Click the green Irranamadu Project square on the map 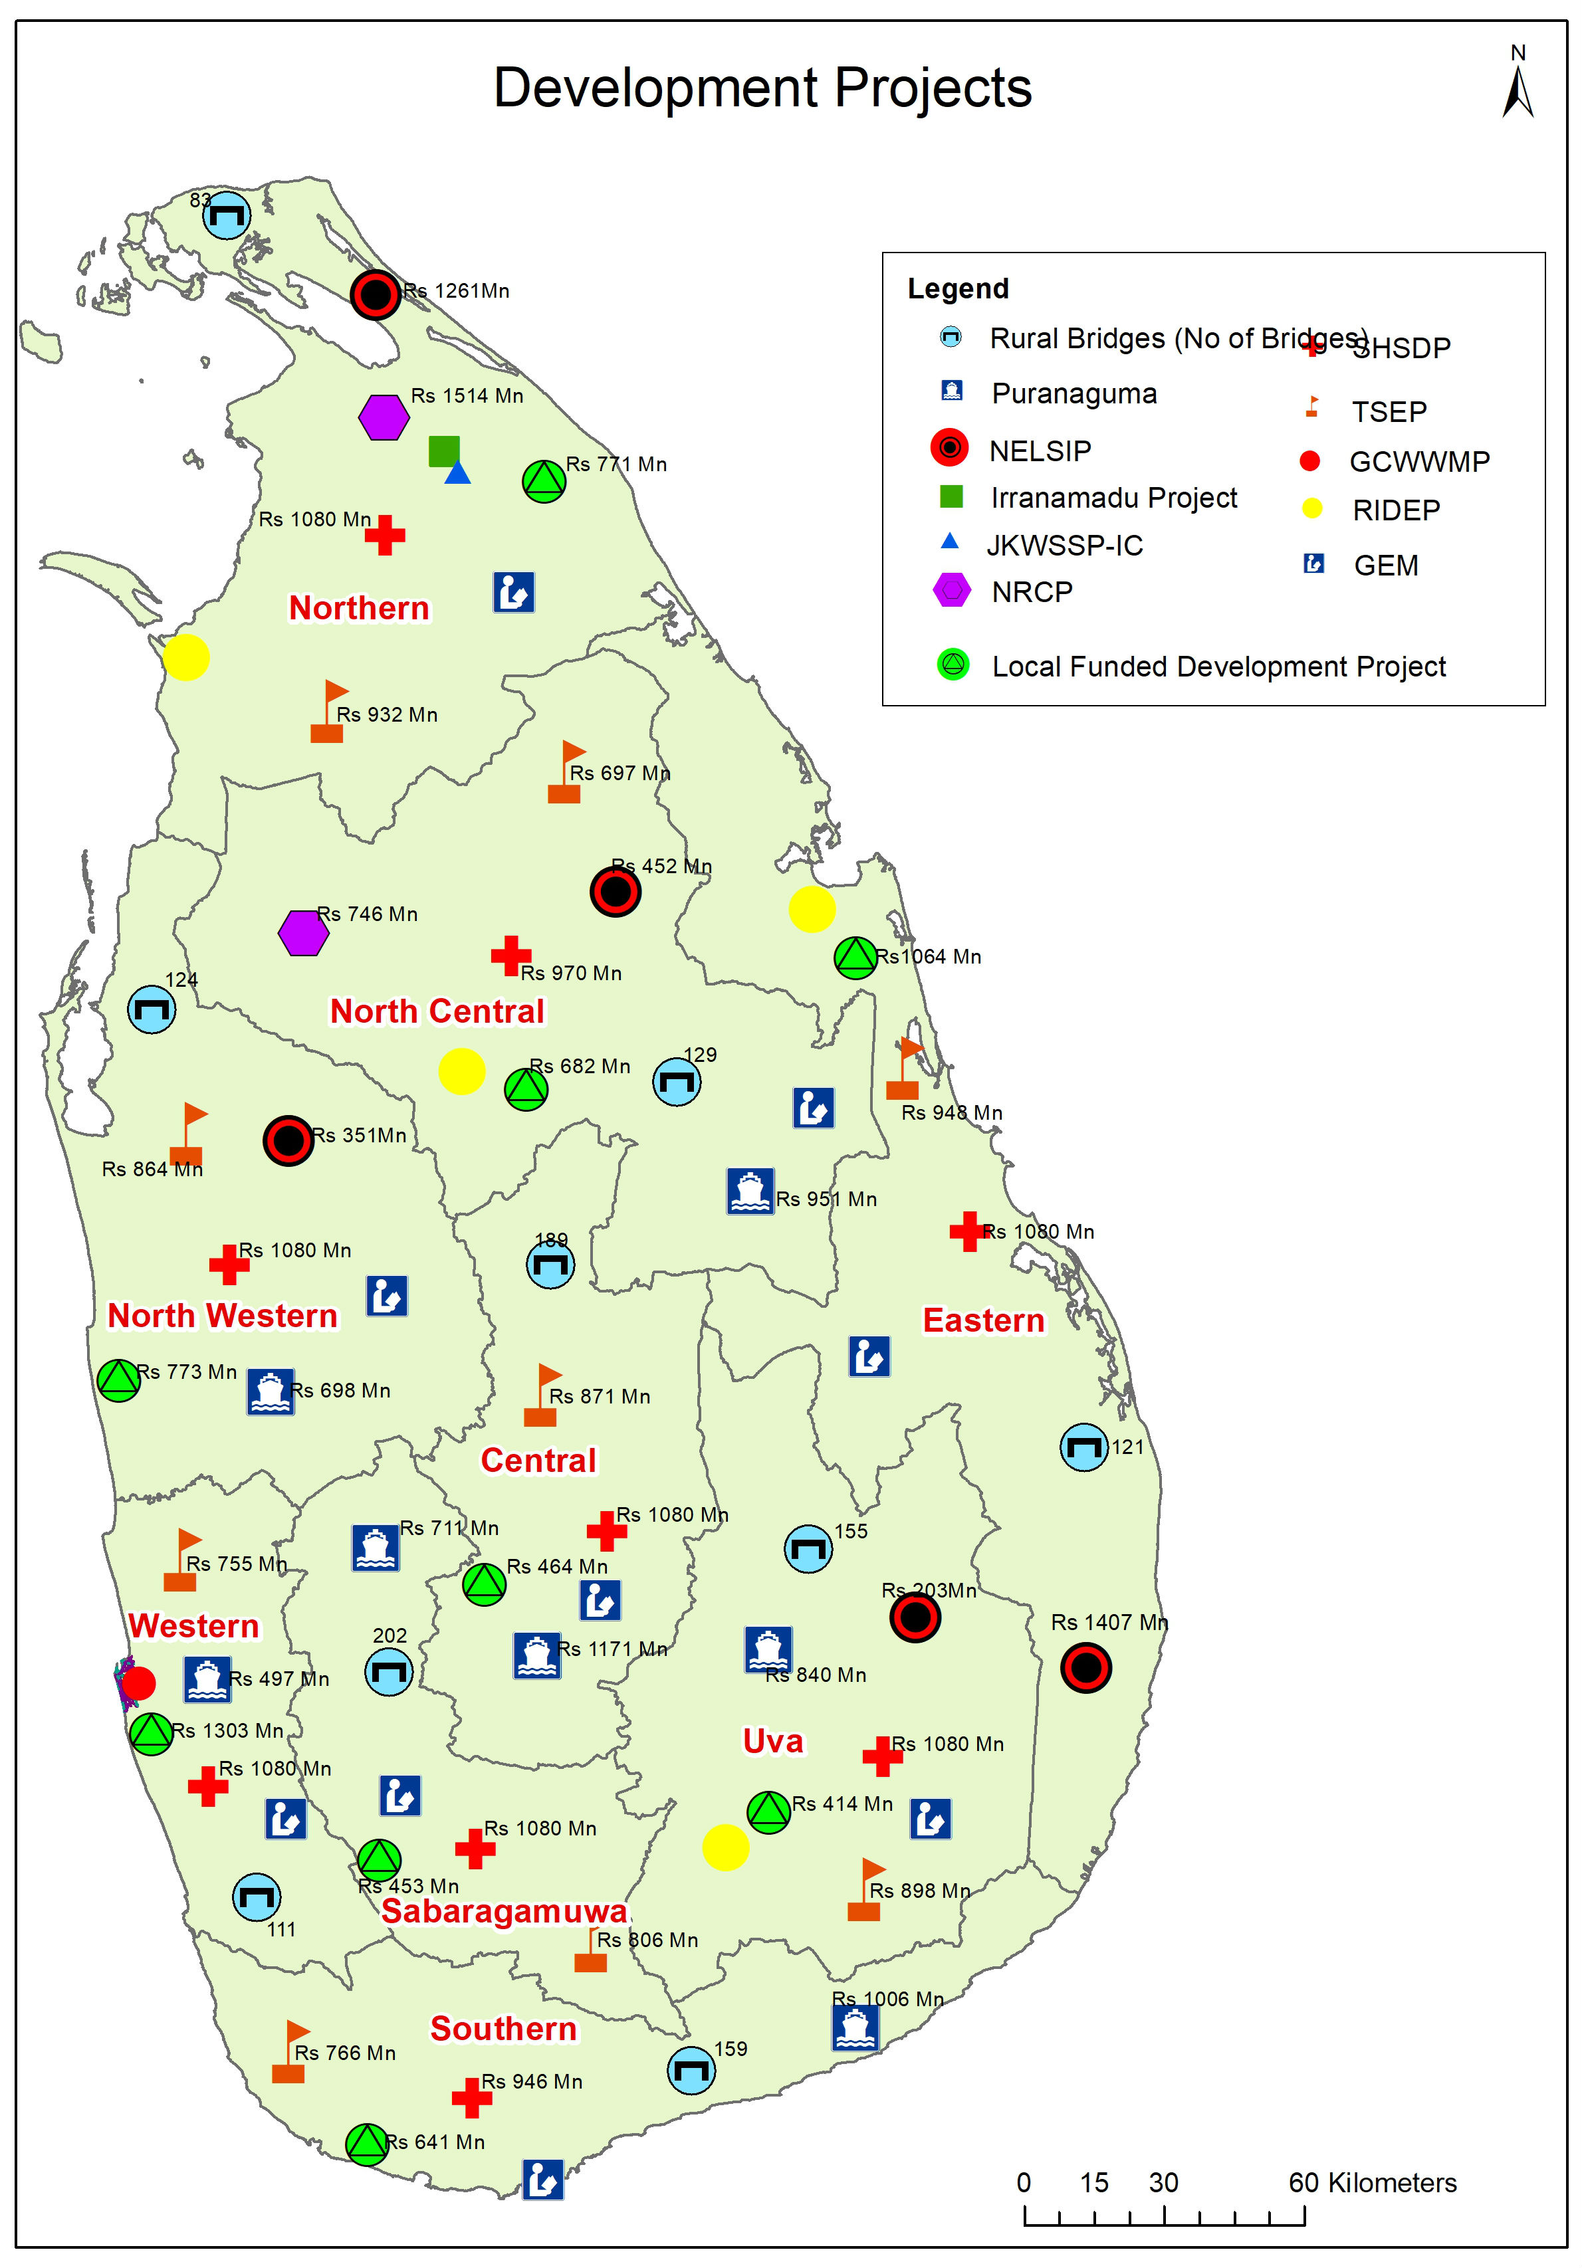coord(443,451)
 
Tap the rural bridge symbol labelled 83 coord(226,215)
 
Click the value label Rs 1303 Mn coord(227,1730)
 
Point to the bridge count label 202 coord(390,1636)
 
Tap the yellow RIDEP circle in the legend coord(1311,509)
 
